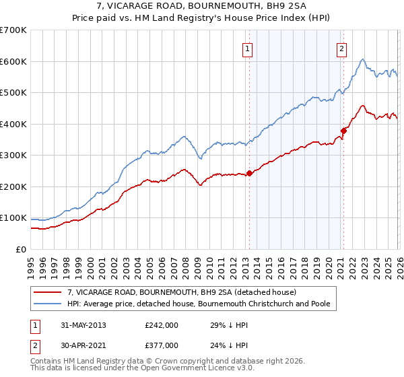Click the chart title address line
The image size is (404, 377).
click(x=201, y=6)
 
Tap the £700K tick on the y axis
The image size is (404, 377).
click(x=13, y=30)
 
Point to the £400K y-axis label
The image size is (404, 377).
click(x=13, y=124)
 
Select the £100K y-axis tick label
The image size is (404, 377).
click(x=13, y=218)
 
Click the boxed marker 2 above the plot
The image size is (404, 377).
click(x=342, y=48)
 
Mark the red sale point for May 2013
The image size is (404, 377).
click(x=249, y=173)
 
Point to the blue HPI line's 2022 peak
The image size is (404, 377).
click(x=362, y=59)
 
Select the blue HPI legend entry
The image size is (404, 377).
click(x=198, y=304)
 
